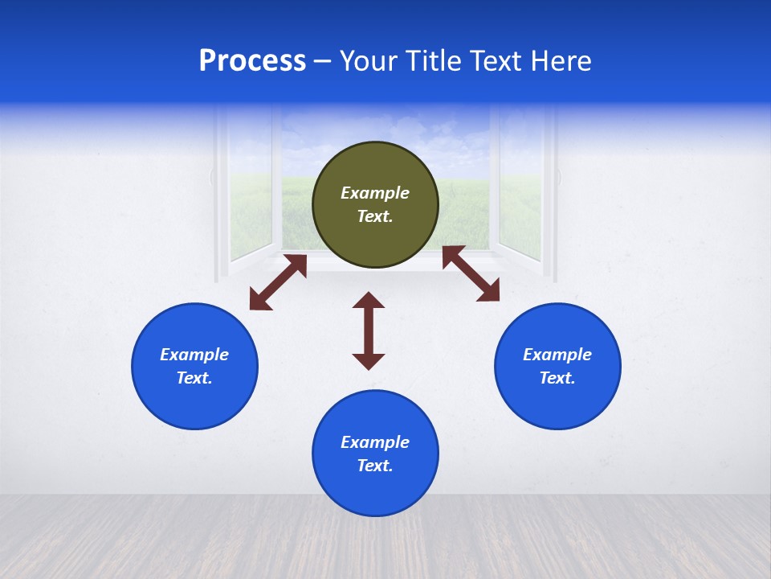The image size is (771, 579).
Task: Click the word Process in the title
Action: [252, 61]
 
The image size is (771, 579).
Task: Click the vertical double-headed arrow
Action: [369, 331]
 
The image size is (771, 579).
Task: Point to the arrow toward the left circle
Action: [278, 282]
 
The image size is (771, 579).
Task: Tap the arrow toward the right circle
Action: [471, 273]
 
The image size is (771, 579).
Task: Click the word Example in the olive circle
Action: [375, 193]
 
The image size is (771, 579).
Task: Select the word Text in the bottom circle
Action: [374, 466]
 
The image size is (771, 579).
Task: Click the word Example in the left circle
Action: [194, 355]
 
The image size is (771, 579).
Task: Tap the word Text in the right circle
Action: [557, 378]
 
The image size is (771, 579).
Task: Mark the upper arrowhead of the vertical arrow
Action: [369, 301]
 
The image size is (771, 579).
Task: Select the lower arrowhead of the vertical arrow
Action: [369, 361]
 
